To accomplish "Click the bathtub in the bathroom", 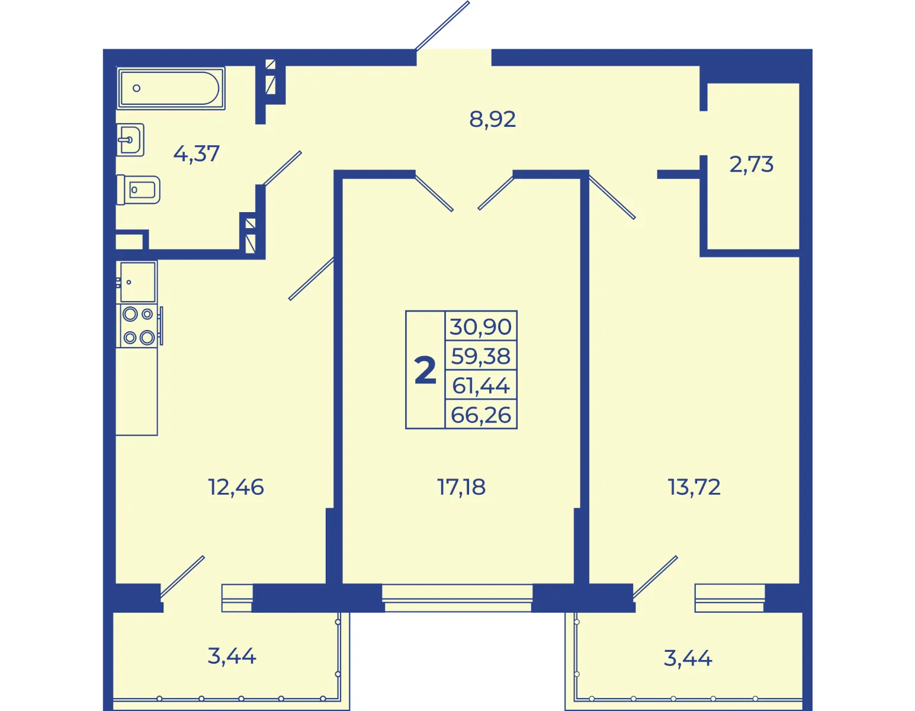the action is pos(171,88).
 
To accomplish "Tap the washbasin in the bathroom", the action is pos(130,140).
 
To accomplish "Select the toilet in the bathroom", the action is pos(138,190).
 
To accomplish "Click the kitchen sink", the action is pos(137,281).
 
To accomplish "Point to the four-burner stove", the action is pos(139,326).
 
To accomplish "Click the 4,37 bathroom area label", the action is pos(196,153).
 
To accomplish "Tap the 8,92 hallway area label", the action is pos(492,119).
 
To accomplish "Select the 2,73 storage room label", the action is pos(751,164).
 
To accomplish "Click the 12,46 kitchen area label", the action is pos(236,487).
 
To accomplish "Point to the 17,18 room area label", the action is pos(461,487).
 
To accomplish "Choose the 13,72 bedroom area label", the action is pos(694,487).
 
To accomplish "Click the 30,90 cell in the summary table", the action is pos(481,326).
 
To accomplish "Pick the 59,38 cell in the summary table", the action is pos(481,356).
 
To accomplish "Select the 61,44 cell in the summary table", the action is pos(481,385).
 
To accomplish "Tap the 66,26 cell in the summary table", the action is pos(481,415).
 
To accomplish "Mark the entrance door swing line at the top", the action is pos(442,25).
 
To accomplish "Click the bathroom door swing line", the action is pos(282,168).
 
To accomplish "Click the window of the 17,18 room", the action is pos(458,597).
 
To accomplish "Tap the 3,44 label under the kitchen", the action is pos(232,656).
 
